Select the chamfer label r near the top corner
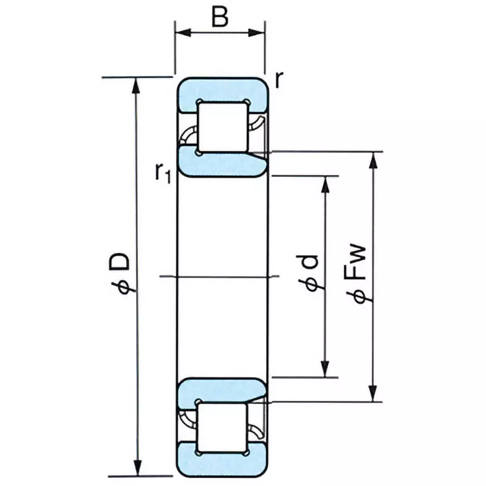[279, 79]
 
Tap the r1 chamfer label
[163, 173]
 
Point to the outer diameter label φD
[120, 273]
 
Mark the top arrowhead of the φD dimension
[137, 85]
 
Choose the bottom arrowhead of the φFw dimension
[375, 394]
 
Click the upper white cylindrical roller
[224, 126]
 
